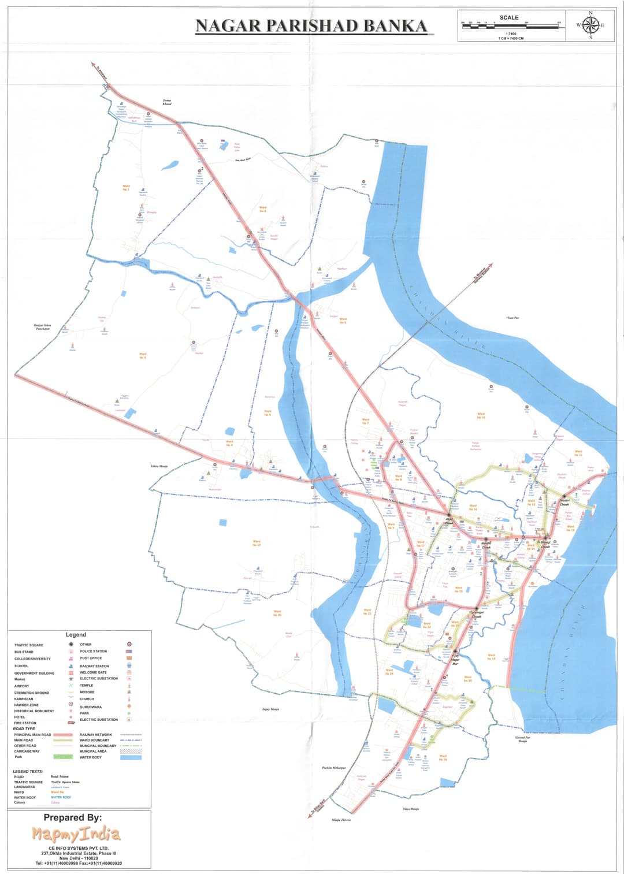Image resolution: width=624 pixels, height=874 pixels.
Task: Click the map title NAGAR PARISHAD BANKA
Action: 311,26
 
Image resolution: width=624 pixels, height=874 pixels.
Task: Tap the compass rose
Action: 590,25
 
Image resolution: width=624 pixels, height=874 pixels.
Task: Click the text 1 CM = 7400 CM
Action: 511,38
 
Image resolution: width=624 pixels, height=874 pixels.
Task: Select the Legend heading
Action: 76,634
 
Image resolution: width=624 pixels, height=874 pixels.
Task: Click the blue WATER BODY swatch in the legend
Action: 131,757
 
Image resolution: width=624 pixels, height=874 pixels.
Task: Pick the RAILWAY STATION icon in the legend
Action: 129,665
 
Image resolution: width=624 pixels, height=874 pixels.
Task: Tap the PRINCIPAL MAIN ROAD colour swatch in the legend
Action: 62,735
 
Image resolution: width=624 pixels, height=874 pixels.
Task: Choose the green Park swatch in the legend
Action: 62,757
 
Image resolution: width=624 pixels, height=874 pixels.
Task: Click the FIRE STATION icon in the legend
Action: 71,723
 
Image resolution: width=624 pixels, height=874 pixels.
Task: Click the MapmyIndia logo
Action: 76,834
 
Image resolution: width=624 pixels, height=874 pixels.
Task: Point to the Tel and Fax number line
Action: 79,863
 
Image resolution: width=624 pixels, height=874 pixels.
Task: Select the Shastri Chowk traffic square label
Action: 564,501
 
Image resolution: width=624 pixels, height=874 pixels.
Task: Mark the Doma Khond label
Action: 167,102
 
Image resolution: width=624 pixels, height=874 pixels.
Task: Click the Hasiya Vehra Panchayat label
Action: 43,327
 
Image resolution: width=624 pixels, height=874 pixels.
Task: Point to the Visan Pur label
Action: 512,318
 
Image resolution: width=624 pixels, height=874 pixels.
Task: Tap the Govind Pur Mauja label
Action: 522,739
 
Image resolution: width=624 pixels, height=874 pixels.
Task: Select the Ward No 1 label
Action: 126,188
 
